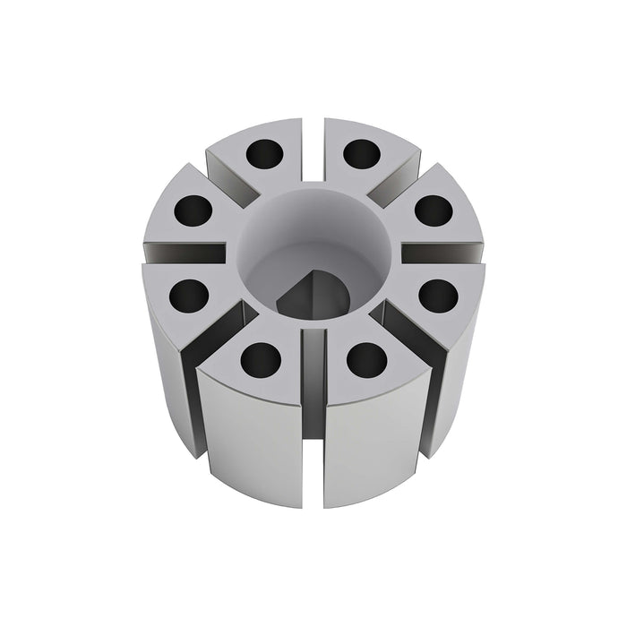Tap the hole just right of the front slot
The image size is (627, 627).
pos(366,358)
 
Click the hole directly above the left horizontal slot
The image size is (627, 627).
pos(193,211)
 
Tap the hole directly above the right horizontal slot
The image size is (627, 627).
pos(435,210)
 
